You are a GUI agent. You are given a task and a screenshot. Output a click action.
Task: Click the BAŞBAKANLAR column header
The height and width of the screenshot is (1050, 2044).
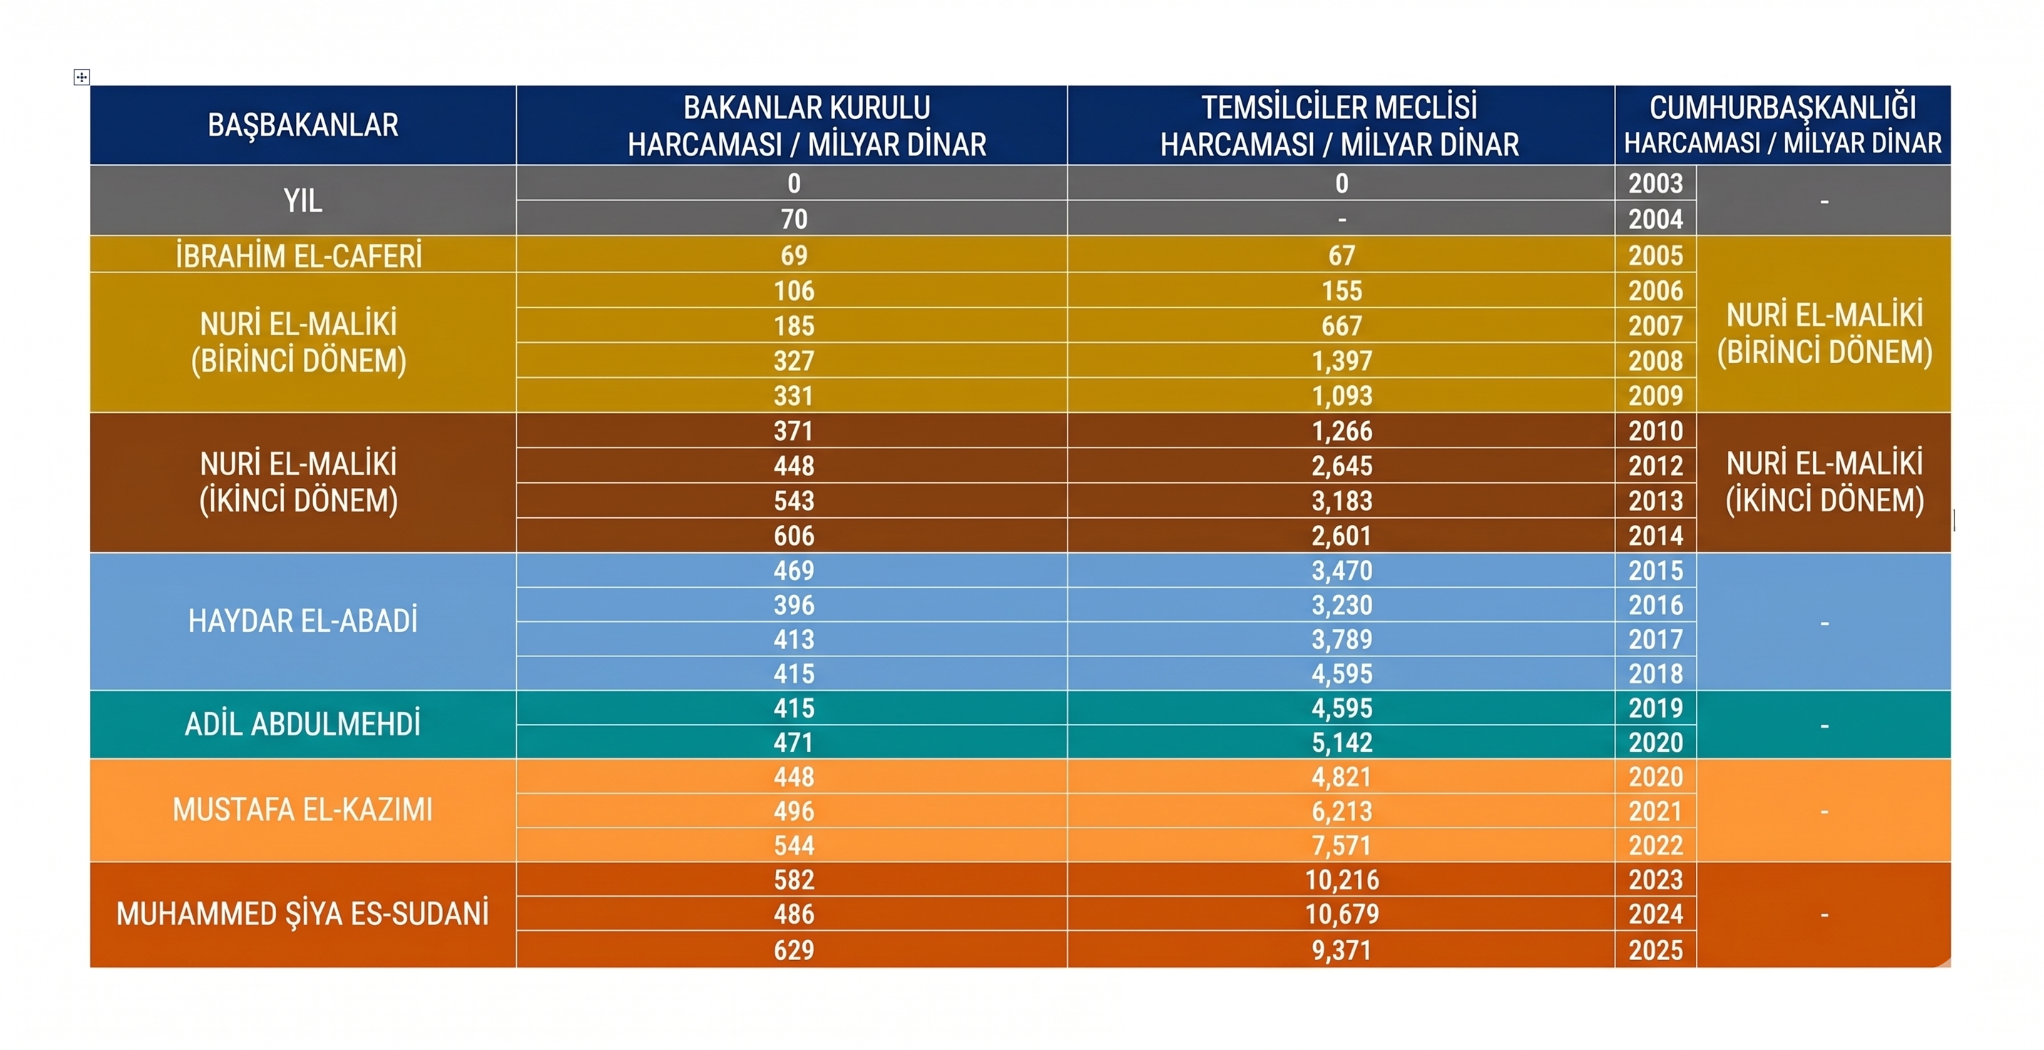(302, 126)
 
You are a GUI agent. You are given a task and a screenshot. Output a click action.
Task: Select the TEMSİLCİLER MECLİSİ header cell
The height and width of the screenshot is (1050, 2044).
(1339, 126)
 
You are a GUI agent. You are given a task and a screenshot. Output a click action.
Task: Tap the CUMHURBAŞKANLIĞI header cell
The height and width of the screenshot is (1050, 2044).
(1782, 126)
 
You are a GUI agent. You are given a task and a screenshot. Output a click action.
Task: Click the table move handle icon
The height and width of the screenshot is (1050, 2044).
(82, 77)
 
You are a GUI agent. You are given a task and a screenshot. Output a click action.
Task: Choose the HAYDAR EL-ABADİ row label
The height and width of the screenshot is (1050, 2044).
(302, 621)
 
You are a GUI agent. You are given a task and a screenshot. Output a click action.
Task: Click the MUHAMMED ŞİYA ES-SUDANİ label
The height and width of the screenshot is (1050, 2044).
(302, 914)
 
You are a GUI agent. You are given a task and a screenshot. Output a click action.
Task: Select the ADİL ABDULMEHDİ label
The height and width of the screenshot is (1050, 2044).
(302, 724)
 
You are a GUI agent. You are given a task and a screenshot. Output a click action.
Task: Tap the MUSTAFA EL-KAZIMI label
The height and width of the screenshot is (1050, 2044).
(302, 810)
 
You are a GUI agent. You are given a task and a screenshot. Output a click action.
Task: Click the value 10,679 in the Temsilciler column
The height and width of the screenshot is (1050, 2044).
(1342, 914)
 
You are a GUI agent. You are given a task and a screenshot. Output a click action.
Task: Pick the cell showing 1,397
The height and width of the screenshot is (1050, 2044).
(1342, 361)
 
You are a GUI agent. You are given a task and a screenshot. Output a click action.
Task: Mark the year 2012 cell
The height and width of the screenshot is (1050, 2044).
(1655, 466)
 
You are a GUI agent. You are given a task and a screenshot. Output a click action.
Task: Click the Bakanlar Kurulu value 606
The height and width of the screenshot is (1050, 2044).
(794, 536)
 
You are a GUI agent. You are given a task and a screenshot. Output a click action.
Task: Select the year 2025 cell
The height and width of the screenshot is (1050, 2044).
(1655, 950)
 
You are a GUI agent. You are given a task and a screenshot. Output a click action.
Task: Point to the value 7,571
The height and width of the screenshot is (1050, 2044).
(1342, 845)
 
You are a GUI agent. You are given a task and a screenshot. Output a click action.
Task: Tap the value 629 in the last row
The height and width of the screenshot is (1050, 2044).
(794, 950)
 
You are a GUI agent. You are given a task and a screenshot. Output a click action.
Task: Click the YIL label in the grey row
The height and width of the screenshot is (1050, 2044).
(302, 200)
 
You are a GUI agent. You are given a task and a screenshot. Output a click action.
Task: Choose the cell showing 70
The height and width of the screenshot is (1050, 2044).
(794, 219)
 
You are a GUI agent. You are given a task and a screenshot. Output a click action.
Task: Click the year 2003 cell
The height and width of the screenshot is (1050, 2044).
(1655, 183)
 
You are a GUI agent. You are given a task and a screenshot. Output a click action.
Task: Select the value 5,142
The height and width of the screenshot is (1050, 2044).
(1342, 743)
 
